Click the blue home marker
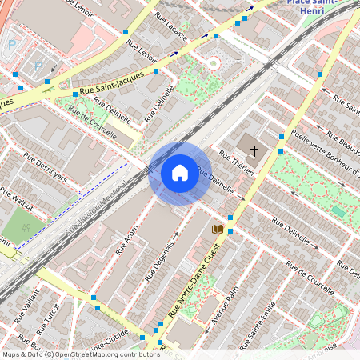point(180,173)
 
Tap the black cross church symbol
point(254,150)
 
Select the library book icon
point(217,229)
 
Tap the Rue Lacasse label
point(171,30)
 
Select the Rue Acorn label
point(127,238)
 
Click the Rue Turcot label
point(48,318)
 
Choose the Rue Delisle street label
point(160,107)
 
